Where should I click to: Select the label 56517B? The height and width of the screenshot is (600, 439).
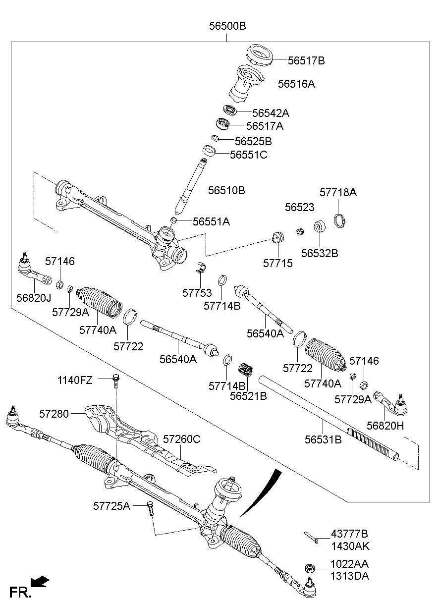tap(306, 61)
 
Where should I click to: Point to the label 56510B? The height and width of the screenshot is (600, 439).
tap(226, 190)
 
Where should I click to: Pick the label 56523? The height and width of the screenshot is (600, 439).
tap(299, 208)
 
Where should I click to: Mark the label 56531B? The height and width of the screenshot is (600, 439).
tap(323, 439)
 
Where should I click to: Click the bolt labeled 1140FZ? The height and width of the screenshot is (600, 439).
tap(116, 381)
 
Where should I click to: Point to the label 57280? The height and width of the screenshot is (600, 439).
tap(55, 412)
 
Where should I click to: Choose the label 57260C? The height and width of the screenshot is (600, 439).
tap(181, 439)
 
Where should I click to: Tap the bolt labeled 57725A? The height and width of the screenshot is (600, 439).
tap(150, 508)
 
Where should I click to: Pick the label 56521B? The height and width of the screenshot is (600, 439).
tap(248, 396)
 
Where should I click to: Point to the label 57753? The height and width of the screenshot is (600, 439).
tap(197, 293)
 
